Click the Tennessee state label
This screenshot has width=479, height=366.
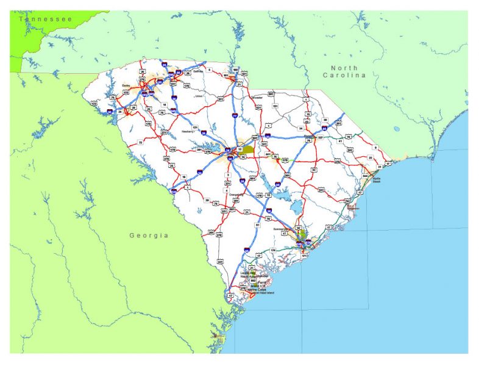(46, 20)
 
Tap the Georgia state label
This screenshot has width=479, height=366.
(149, 234)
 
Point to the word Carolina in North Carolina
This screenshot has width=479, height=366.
(346, 75)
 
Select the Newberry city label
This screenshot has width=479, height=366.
(188, 131)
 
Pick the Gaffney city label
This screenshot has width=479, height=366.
(196, 71)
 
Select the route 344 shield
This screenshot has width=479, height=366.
(365, 175)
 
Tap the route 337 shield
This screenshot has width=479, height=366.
(320, 137)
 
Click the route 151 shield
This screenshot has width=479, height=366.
(275, 106)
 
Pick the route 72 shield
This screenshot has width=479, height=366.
(140, 142)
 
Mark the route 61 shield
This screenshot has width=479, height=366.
(258, 225)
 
